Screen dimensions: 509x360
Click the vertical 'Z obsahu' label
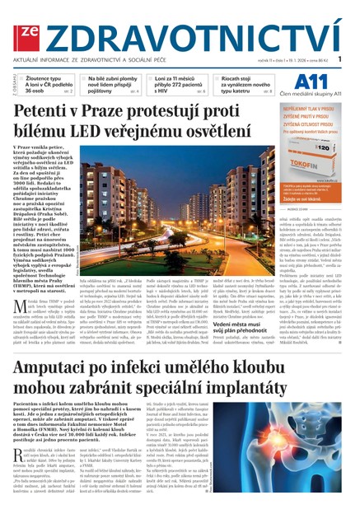[x=10, y=82]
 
